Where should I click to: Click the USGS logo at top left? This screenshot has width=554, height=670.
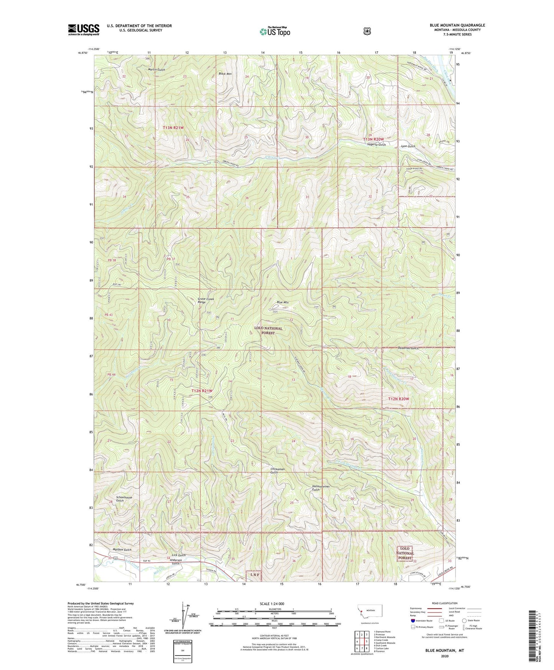click(84, 29)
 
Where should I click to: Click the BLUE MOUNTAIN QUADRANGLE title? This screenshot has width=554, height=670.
click(457, 25)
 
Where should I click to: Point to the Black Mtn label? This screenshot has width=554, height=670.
click(225, 74)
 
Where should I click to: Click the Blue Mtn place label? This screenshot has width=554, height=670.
click(283, 302)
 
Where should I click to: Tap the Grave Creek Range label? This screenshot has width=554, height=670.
click(206, 300)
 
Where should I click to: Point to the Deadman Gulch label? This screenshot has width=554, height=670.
click(405, 348)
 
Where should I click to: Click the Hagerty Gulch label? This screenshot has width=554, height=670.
click(376, 145)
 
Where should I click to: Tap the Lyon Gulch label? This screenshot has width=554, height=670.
click(408, 146)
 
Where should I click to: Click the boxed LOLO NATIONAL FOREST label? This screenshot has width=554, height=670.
click(405, 553)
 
